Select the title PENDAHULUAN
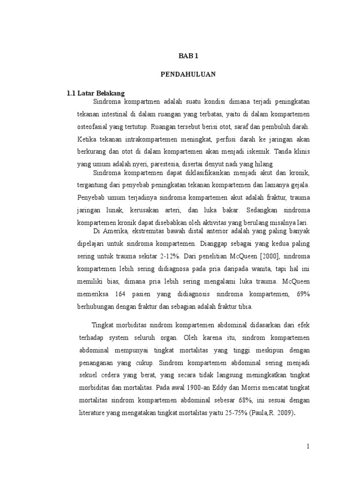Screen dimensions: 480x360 tap(189, 74)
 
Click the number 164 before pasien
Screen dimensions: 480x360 tap(120, 294)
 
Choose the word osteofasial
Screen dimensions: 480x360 tap(94, 127)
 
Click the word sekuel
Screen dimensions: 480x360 tap(87, 375)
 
